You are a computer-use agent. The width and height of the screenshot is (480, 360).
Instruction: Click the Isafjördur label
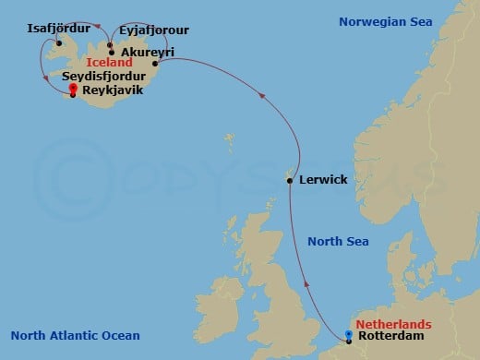[x=53, y=29]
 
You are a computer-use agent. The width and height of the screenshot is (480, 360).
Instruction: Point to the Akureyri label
[x=145, y=53]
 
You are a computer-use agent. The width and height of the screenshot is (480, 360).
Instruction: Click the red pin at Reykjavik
[x=73, y=90]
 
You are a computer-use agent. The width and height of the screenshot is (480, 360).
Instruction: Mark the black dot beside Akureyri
[x=112, y=53]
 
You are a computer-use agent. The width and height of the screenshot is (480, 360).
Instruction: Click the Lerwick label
[x=323, y=179]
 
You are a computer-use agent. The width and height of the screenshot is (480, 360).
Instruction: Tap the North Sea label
[x=338, y=242]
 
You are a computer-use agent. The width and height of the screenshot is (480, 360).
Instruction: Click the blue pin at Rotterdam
[x=349, y=335]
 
